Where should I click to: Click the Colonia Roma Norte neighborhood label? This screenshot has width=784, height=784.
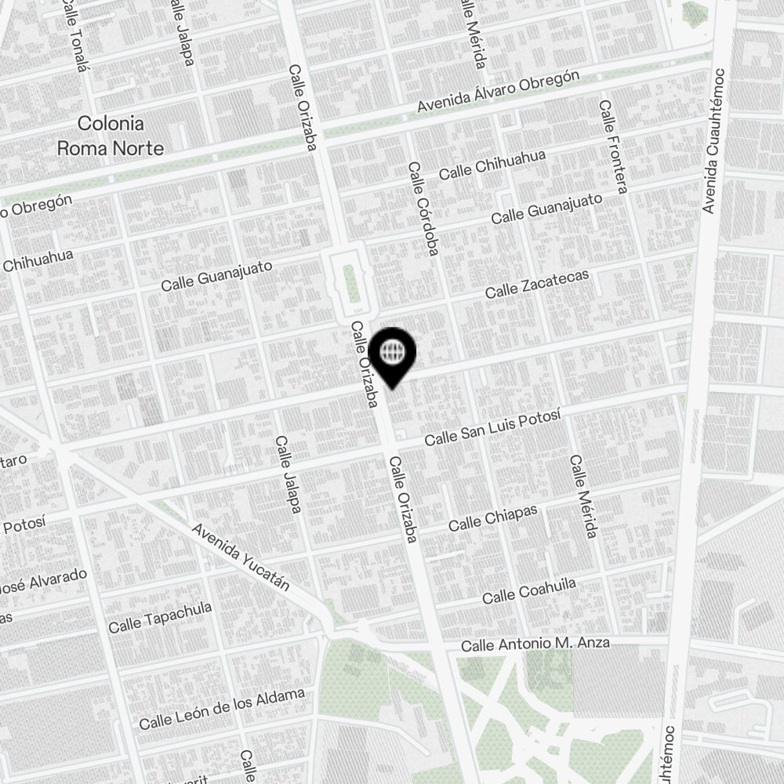(111, 136)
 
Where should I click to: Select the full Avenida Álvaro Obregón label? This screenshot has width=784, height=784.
(498, 92)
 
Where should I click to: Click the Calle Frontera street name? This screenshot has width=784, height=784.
(613, 147)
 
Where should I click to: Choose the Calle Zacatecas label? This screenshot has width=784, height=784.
(536, 285)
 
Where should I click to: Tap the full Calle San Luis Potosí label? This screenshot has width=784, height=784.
(492, 429)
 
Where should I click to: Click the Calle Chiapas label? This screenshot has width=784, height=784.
(493, 518)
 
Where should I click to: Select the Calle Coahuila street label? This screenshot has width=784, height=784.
(529, 591)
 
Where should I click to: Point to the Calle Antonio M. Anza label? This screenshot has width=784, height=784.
(535, 644)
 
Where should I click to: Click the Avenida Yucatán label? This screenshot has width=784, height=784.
(241, 557)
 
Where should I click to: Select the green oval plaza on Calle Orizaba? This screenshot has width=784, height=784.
(351, 282)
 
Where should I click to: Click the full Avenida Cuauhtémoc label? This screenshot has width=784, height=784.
(713, 140)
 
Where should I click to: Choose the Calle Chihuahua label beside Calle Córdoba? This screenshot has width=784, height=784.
(492, 165)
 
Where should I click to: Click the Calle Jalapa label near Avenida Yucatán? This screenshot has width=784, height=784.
(288, 475)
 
